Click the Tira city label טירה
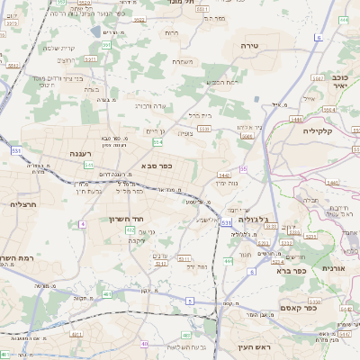(250, 44)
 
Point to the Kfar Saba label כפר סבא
(157, 166)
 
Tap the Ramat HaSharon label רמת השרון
(18, 258)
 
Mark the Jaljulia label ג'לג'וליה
(262, 218)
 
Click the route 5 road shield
(189, 300)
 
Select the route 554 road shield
(157, 142)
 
